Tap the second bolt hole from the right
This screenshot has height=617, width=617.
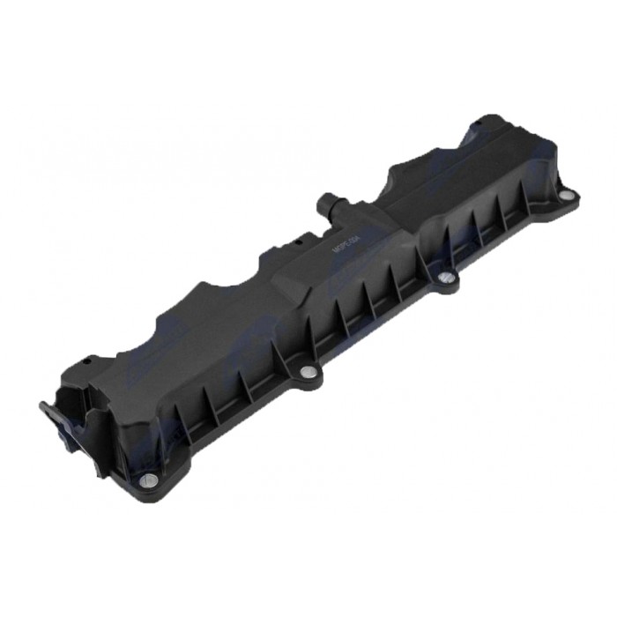coord(447,280)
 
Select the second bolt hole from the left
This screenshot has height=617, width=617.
coord(306,373)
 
